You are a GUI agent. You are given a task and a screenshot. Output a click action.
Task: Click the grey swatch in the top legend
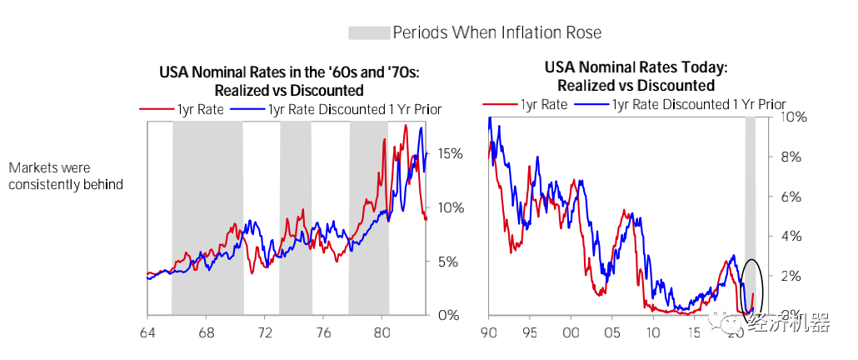click(369, 32)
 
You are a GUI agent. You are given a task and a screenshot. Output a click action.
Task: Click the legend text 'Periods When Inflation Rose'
click(496, 32)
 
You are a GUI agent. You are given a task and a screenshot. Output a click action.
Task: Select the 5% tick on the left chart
click(441, 262)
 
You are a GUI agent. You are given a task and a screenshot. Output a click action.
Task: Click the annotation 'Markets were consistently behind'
click(66, 177)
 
